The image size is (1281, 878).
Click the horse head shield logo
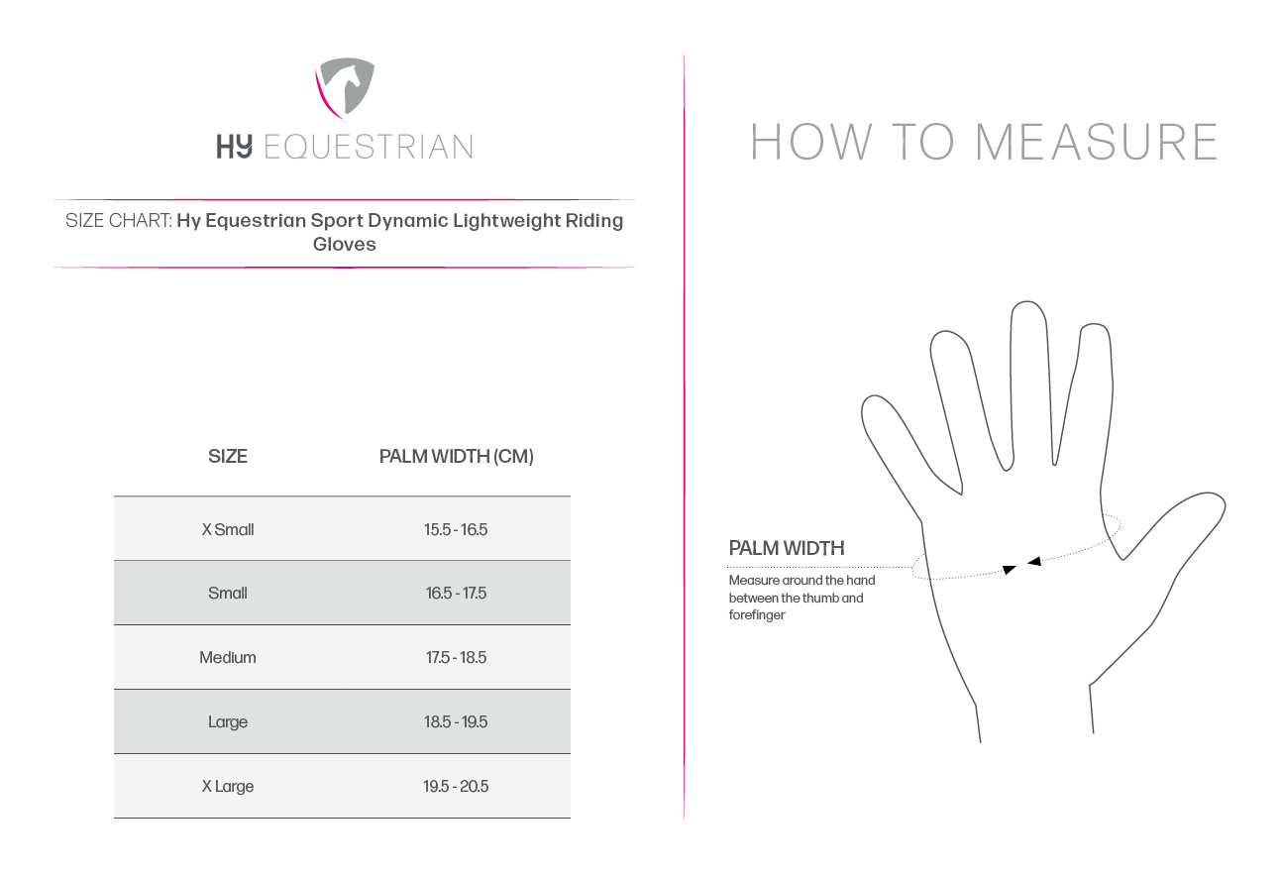[x=345, y=87]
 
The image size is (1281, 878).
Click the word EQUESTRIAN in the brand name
[x=369, y=147]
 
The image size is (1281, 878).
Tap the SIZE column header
[x=228, y=456]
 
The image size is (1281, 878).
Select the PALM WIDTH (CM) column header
[x=457, y=456]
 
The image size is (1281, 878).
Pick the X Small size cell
[x=228, y=529]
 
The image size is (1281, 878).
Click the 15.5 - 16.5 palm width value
[x=456, y=529]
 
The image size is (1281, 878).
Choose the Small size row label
[x=228, y=593]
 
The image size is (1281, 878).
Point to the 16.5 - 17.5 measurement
[x=456, y=593]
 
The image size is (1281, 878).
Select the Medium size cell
[x=228, y=657]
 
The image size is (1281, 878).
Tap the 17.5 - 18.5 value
[x=456, y=657]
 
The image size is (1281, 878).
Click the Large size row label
[x=228, y=721]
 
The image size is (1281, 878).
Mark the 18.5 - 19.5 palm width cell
[x=456, y=721]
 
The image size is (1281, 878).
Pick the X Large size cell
[x=228, y=787]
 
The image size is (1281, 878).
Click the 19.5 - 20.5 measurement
[x=456, y=787]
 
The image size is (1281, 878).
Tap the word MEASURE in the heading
[x=1097, y=142]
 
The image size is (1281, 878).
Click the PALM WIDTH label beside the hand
[x=787, y=548]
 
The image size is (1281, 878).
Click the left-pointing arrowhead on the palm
[x=1034, y=562]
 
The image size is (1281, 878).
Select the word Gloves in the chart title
[x=344, y=244]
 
